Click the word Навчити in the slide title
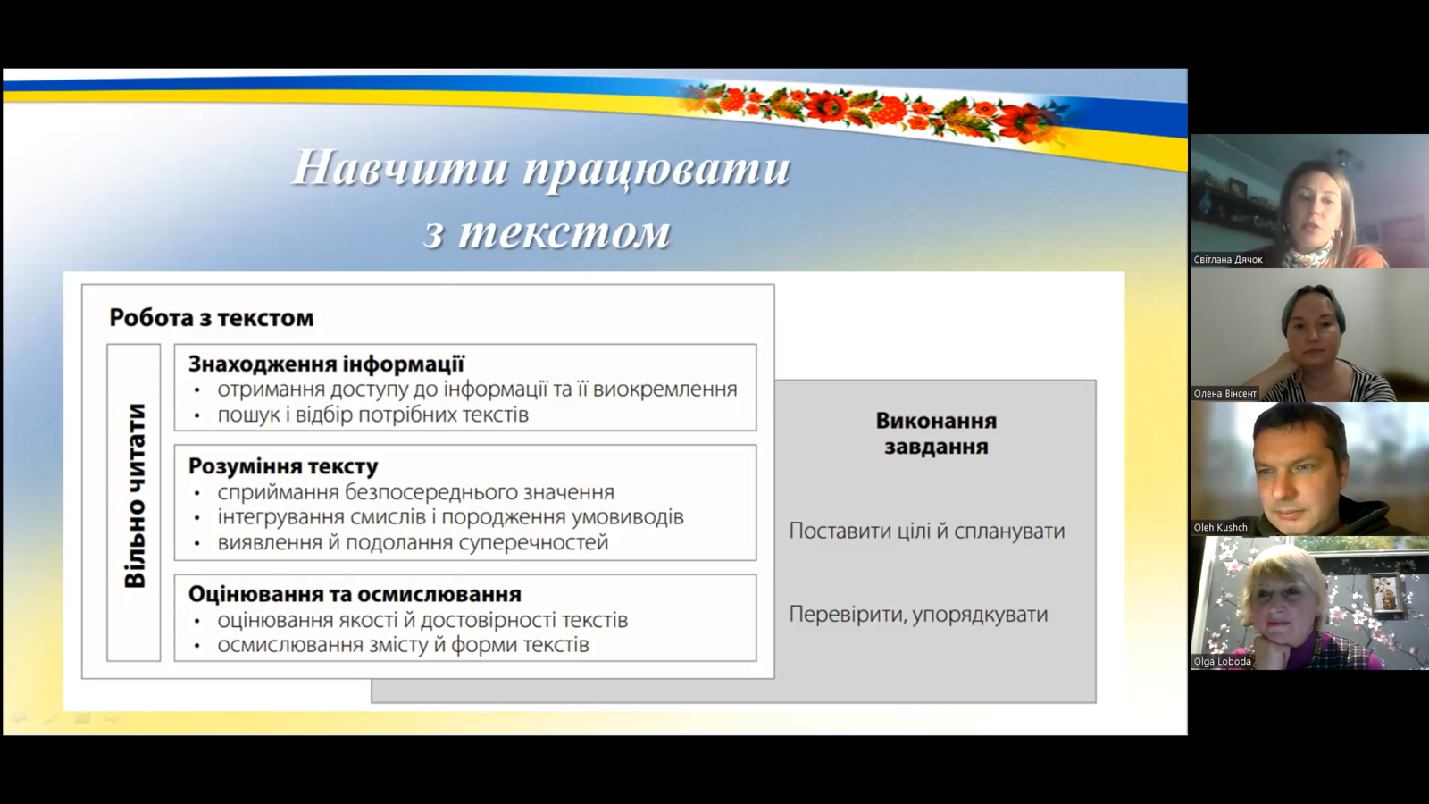pyautogui.click(x=401, y=169)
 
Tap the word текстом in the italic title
pyautogui.click(x=564, y=232)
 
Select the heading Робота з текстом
pyautogui.click(x=211, y=318)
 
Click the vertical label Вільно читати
pyautogui.click(x=135, y=495)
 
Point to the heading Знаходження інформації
pyautogui.click(x=326, y=364)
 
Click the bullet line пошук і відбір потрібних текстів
pyautogui.click(x=373, y=415)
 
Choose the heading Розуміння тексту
pyautogui.click(x=283, y=466)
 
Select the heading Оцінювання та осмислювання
pyautogui.click(x=355, y=594)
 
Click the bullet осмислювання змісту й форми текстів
pyautogui.click(x=403, y=645)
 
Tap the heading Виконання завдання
pyautogui.click(x=936, y=434)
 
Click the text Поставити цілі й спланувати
pyautogui.click(x=927, y=531)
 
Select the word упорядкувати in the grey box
pyautogui.click(x=980, y=615)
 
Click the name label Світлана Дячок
pyautogui.click(x=1228, y=260)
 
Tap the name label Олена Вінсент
pyautogui.click(x=1224, y=394)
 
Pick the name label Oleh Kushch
pyautogui.click(x=1220, y=528)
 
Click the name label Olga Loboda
pyautogui.click(x=1223, y=662)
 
